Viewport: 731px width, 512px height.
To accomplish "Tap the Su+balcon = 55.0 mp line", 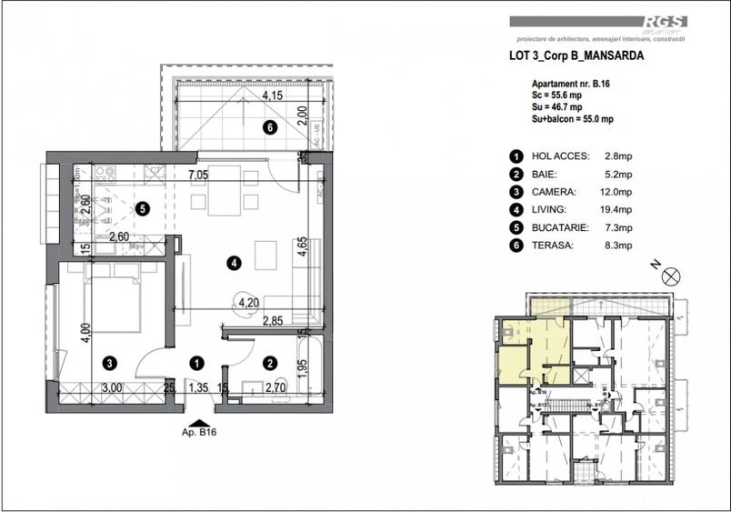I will pos(573,119).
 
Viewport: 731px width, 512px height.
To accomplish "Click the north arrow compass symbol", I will pos(672,277).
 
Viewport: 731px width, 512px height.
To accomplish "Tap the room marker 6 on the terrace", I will pos(269,127).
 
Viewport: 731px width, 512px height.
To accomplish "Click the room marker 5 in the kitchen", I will pos(142,208).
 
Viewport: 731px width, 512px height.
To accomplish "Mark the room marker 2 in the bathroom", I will pos(269,362).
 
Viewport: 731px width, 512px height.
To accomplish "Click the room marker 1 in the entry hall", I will pos(195,362).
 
